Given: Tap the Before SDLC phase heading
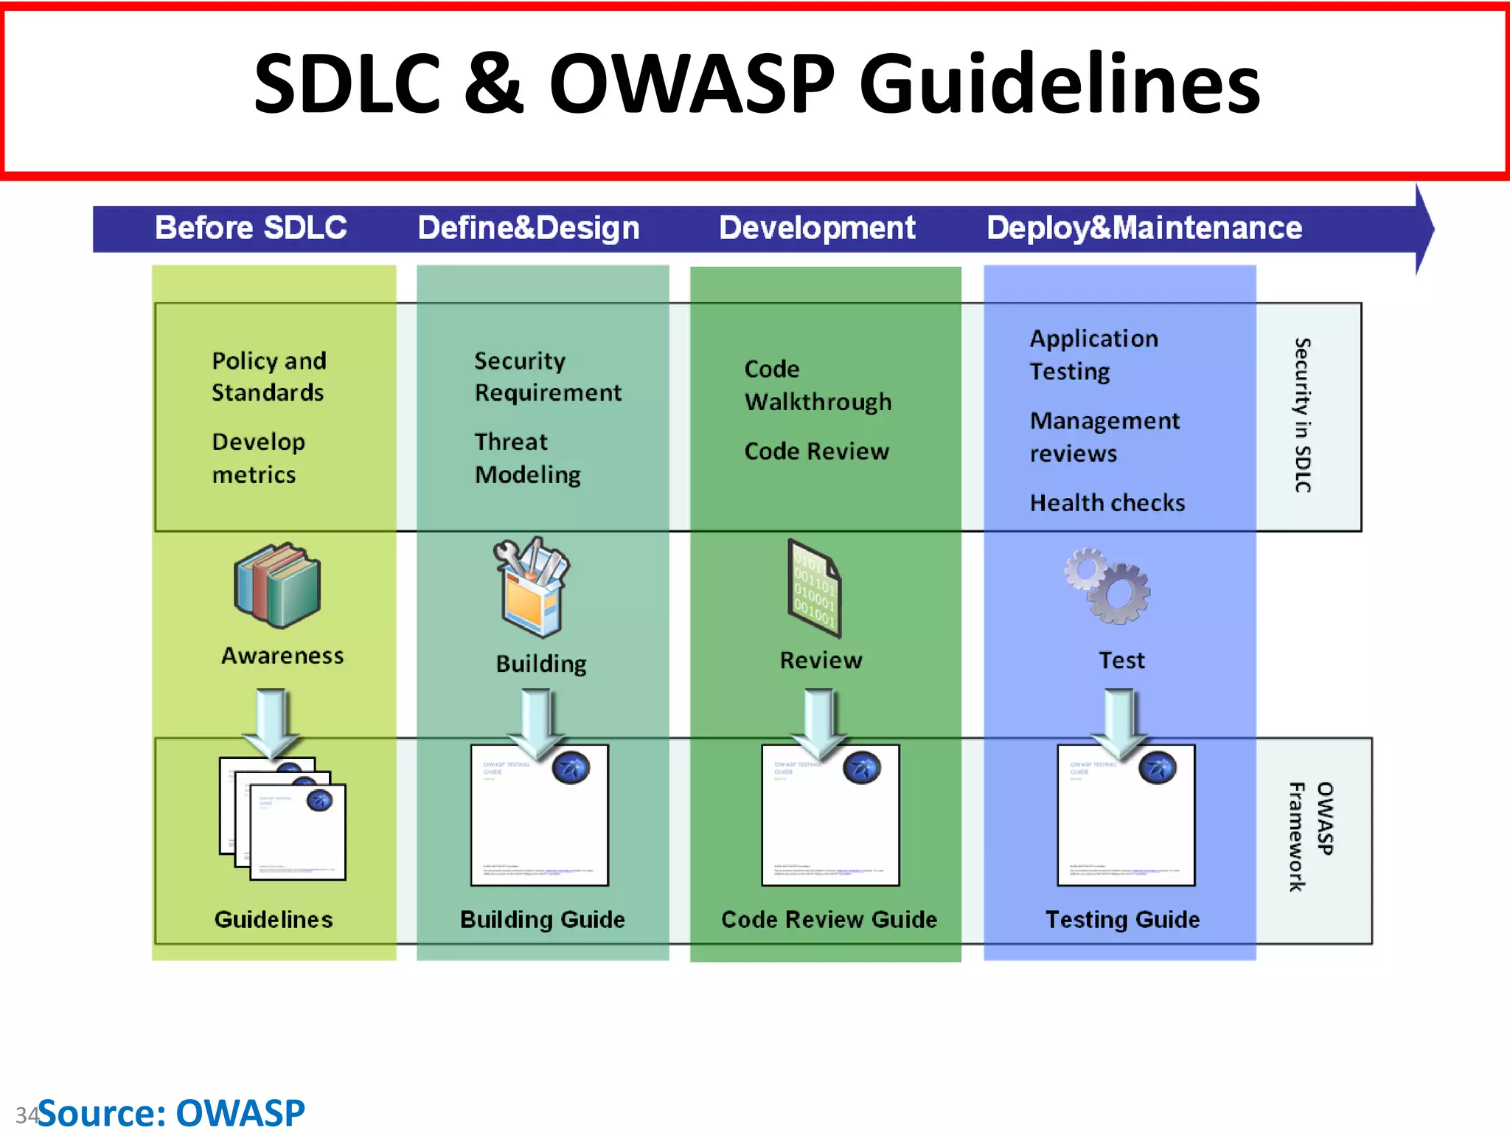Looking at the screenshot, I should [x=251, y=227].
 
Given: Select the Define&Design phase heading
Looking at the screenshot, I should [x=528, y=227].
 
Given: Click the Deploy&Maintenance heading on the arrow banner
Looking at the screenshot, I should [x=1144, y=227].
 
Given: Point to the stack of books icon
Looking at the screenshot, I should [x=277, y=586].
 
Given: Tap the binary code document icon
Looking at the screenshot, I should [x=815, y=588].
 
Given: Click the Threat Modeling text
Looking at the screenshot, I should [x=527, y=458].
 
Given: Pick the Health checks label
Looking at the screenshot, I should [x=1107, y=503].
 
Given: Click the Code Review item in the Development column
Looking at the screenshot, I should [x=816, y=451].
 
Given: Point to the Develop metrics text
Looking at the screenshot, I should [x=258, y=458].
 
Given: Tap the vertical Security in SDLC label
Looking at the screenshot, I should [x=1303, y=415].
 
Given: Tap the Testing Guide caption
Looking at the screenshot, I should [x=1122, y=920].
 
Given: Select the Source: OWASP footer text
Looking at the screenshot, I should [x=171, y=1112].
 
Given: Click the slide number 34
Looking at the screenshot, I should [x=27, y=1115].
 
